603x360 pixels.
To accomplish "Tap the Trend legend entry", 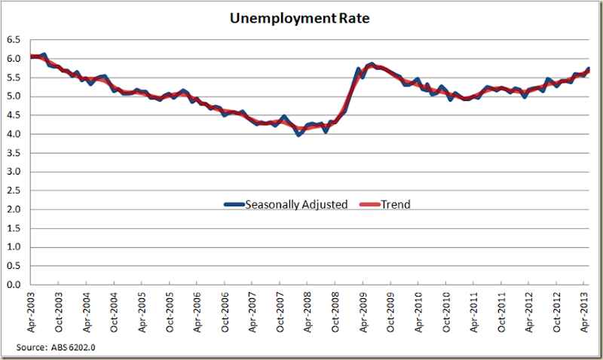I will (x=387, y=204).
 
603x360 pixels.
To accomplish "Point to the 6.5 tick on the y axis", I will (x=13, y=40).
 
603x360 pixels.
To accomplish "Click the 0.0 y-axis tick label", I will (x=13, y=285).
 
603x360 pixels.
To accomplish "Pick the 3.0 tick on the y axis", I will (x=13, y=172).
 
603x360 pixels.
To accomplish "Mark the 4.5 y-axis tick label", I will (x=13, y=115).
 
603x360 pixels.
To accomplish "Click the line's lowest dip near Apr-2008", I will (x=298, y=134).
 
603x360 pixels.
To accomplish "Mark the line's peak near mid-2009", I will (x=372, y=65).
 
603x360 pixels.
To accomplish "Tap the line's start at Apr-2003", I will (x=32, y=56).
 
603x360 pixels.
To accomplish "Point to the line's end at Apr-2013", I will (x=588, y=69).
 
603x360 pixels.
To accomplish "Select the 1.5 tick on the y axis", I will (x=13, y=228).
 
